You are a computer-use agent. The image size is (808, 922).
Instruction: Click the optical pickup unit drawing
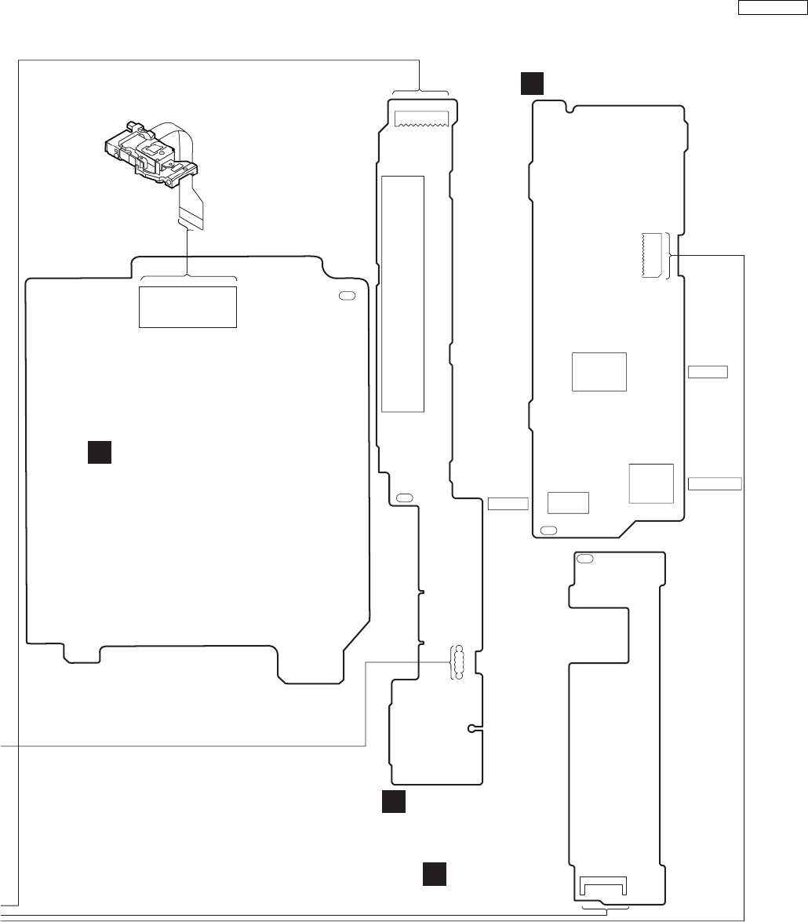(152, 153)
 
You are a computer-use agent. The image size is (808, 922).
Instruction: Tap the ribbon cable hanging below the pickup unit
(190, 206)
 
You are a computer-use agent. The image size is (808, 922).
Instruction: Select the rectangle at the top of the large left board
(187, 307)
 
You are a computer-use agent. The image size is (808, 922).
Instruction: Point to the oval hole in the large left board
(346, 296)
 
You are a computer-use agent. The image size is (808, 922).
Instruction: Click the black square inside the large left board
(99, 453)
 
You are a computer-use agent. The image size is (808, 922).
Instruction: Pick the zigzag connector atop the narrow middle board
(422, 118)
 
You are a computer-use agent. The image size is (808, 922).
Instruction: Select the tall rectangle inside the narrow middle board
(402, 293)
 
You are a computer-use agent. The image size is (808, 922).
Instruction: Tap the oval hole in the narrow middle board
(405, 497)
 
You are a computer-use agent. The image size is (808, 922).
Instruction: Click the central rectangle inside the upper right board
(599, 372)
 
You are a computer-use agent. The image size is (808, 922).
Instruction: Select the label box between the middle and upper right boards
(508, 503)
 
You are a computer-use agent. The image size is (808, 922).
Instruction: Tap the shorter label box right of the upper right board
(708, 371)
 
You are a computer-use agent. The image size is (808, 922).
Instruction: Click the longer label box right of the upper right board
(715, 483)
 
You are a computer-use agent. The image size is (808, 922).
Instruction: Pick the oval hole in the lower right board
(584, 559)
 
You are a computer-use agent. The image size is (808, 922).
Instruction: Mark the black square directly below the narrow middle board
(394, 802)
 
